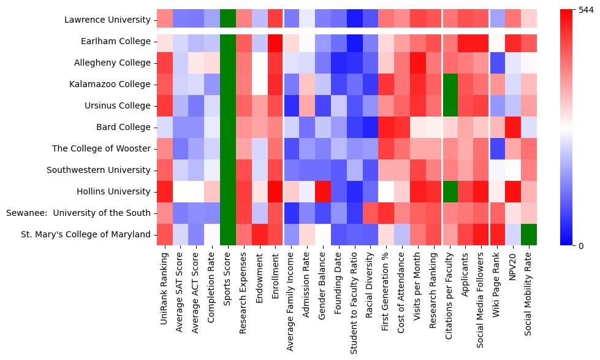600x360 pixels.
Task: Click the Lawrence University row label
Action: [x=107, y=20]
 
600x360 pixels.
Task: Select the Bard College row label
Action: [x=124, y=128]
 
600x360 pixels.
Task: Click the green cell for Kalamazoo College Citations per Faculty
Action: [x=449, y=84]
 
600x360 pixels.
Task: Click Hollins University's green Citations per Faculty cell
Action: [x=449, y=191]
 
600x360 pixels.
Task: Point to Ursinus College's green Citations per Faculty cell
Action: [x=449, y=105]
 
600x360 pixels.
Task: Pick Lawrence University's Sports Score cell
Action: [x=228, y=20]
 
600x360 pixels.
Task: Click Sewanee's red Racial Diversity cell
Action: [x=370, y=213]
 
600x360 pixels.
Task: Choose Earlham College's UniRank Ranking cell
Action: [x=165, y=41]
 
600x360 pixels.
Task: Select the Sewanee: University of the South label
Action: [x=78, y=213]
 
